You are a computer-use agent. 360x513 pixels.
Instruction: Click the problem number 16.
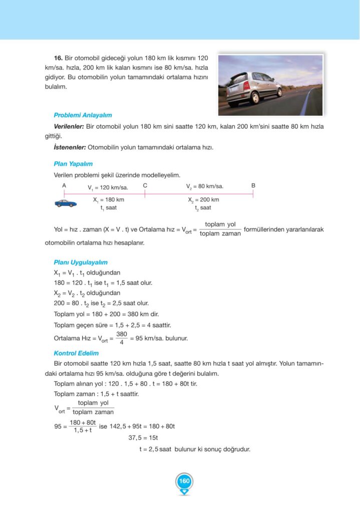pyautogui.click(x=58, y=58)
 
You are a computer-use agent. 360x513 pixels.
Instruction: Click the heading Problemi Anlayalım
pyautogui.click(x=83, y=115)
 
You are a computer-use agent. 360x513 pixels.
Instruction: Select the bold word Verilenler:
pyautogui.click(x=69, y=127)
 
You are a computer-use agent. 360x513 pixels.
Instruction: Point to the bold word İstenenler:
pyautogui.click(x=70, y=147)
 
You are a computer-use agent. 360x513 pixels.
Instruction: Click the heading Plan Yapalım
pyautogui.click(x=73, y=164)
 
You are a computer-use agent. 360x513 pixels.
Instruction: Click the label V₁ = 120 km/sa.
pyautogui.click(x=108, y=188)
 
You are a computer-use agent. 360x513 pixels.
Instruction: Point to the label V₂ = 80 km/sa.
pyautogui.click(x=205, y=187)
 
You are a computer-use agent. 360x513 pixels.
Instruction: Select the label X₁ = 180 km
pyautogui.click(x=109, y=199)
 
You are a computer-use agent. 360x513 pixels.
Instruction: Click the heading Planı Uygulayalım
pyautogui.click(x=81, y=262)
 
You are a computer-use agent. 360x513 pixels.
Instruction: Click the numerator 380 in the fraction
pyautogui.click(x=122, y=334)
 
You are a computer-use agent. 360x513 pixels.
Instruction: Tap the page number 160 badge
pyautogui.click(x=184, y=481)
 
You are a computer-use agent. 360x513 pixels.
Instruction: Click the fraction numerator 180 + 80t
pyautogui.click(x=83, y=423)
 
